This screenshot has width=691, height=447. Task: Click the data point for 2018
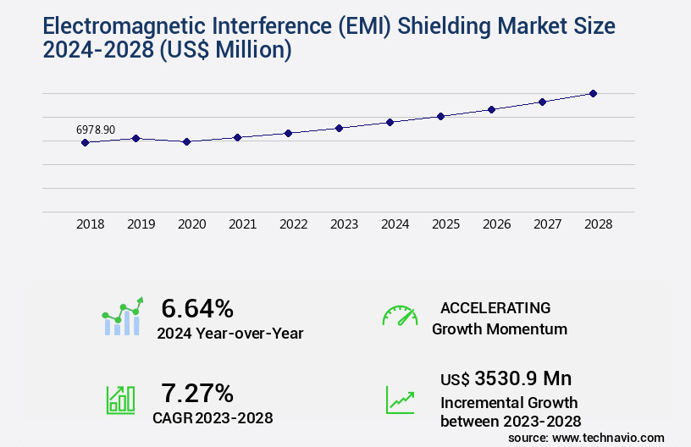pyautogui.click(x=85, y=142)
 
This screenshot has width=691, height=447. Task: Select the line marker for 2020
pyautogui.click(x=187, y=141)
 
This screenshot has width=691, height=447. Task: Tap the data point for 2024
pyautogui.click(x=390, y=122)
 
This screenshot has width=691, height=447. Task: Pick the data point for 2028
pyautogui.click(x=593, y=93)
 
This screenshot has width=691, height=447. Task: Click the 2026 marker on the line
pyautogui.click(x=491, y=109)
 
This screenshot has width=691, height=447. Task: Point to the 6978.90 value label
pyautogui.click(x=96, y=130)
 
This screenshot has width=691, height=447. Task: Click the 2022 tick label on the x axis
pyautogui.click(x=293, y=224)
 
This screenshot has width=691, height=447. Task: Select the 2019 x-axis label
pyautogui.click(x=141, y=224)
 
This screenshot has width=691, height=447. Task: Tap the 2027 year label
pyautogui.click(x=547, y=224)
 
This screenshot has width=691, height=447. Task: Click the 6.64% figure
pyautogui.click(x=197, y=307)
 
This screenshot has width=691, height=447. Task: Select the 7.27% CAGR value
pyautogui.click(x=197, y=393)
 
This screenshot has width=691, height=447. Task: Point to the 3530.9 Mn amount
pyautogui.click(x=523, y=378)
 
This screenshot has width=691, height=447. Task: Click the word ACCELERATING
pyautogui.click(x=495, y=307)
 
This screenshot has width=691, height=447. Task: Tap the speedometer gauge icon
pyautogui.click(x=400, y=316)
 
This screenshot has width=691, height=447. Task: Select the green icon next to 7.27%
pyautogui.click(x=120, y=400)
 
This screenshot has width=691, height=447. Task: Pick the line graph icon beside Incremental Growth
pyautogui.click(x=400, y=400)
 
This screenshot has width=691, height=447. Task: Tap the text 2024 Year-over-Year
pyautogui.click(x=229, y=333)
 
